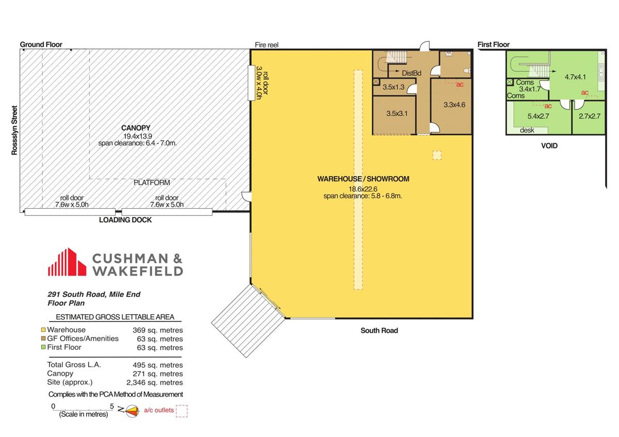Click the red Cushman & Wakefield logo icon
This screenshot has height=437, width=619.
(67, 262)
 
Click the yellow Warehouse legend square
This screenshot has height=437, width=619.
(43, 330)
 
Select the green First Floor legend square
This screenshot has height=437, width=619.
(43, 347)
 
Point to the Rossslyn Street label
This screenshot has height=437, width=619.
(14, 130)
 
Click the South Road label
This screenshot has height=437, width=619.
(379, 330)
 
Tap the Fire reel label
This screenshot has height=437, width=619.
(266, 45)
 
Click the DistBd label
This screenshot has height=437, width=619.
(412, 73)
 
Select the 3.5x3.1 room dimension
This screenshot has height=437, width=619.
(397, 113)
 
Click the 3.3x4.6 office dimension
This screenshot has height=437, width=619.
(454, 105)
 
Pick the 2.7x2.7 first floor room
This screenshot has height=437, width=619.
(590, 116)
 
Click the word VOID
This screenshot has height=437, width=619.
(549, 146)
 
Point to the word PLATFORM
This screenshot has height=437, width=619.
(152, 182)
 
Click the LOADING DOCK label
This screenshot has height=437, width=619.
(125, 220)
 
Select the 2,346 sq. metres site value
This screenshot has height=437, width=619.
(154, 382)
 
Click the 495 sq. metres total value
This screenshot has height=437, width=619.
(157, 365)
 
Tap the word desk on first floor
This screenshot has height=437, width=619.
(527, 130)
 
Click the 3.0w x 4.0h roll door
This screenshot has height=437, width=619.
(251, 83)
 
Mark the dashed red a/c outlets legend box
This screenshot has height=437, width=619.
(182, 411)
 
